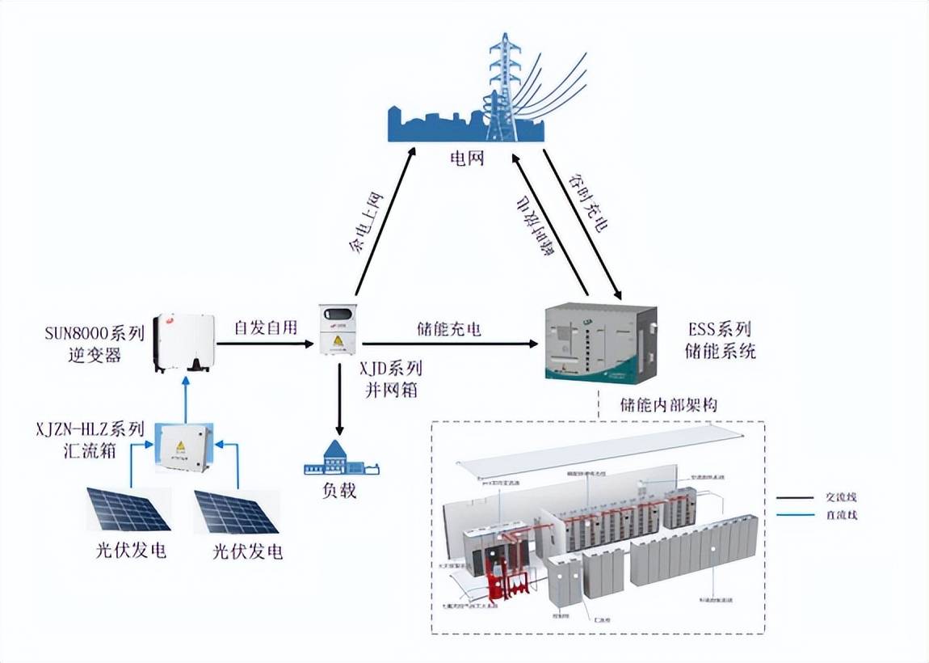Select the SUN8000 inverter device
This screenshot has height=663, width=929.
point(184,343)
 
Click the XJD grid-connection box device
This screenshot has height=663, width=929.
point(339,329)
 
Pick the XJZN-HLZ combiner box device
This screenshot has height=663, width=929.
point(184,446)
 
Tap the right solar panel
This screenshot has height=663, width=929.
point(237,512)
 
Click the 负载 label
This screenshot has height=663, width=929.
point(339,491)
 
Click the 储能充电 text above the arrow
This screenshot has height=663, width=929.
point(449,329)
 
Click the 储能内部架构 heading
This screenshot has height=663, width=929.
point(668,403)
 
